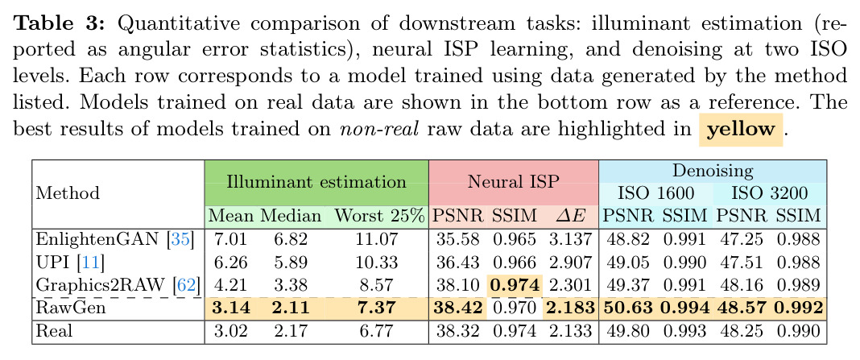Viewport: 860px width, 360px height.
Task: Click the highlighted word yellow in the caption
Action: coord(741,130)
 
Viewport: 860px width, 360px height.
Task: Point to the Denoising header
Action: coord(713,171)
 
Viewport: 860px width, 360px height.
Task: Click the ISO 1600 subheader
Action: coord(655,193)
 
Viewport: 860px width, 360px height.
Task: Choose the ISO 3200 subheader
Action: coord(769,193)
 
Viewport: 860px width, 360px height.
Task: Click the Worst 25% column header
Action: coord(380,216)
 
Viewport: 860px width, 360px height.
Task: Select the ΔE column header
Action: coord(570,216)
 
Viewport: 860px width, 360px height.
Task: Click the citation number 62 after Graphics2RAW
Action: coord(185,285)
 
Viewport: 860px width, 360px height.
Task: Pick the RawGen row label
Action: coord(70,308)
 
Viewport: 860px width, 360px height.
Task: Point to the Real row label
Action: coord(53,331)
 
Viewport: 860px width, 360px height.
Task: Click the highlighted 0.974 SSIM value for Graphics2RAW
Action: coord(515,285)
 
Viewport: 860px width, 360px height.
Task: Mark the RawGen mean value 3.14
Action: coord(230,308)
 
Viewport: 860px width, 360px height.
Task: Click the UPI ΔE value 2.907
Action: coord(569,263)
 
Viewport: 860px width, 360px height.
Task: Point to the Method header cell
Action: coord(68,193)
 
